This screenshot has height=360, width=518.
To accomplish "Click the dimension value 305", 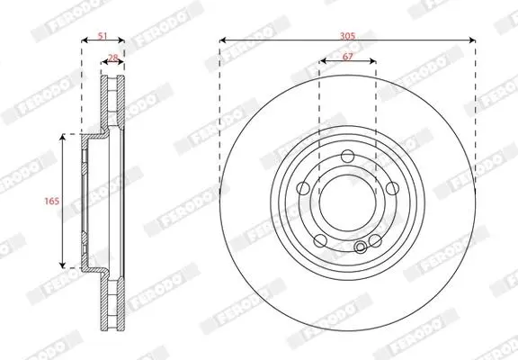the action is (x=347, y=36).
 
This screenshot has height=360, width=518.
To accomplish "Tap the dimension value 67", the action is (x=347, y=57).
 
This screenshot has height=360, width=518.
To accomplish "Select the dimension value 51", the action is (x=103, y=36).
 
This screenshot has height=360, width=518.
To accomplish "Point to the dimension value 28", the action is (x=113, y=58).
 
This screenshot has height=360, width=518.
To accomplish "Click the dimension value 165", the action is (x=52, y=201).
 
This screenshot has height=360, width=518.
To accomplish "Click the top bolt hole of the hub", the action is (x=347, y=156).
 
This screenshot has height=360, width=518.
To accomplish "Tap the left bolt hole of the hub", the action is (x=303, y=188).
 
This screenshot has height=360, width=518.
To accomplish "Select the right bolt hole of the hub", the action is (x=392, y=188).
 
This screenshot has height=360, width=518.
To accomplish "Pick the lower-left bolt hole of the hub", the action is (x=320, y=240).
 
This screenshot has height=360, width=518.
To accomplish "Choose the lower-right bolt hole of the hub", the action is (x=375, y=240).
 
